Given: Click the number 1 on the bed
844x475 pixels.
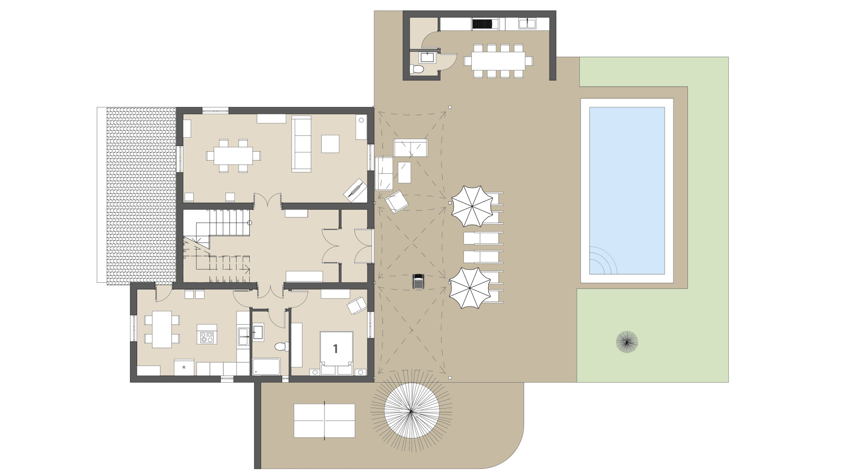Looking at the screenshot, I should [335, 349].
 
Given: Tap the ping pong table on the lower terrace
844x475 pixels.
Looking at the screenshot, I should [324, 420].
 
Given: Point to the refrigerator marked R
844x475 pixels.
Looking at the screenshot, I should [184, 367].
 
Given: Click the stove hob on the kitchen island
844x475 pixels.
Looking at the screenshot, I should [207, 337].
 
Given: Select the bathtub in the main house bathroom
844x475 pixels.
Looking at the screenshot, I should [266, 367].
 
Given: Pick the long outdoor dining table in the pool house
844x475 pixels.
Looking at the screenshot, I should [498, 61].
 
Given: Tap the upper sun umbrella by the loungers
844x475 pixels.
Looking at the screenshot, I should [471, 206].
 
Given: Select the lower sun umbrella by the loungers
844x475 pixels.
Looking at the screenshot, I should [469, 288].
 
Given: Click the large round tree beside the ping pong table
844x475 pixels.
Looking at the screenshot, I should [411, 411].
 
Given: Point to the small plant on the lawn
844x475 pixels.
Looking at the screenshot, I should [627, 342].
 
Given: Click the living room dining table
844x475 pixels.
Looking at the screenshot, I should [233, 156].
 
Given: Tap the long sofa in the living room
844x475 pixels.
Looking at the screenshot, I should [302, 143].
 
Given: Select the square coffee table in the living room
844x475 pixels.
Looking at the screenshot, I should [330, 143].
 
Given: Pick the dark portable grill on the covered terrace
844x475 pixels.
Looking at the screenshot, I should [418, 281].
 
